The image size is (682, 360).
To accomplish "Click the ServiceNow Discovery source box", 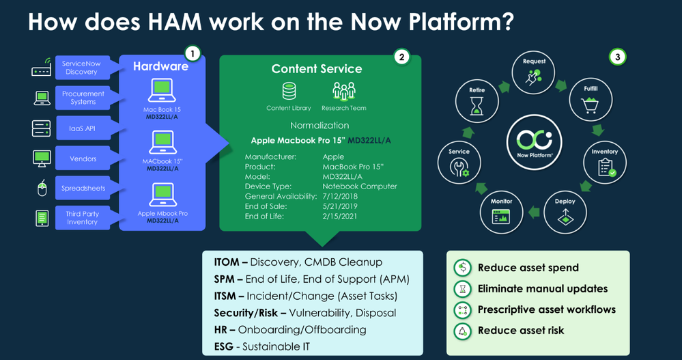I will coord(81,68).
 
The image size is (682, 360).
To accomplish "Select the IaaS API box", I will coord(81,128).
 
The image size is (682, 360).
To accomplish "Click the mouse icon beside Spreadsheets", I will coord(41,189).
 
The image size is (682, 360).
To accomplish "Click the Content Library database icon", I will coord(289,92).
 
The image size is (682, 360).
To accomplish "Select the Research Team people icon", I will coord(344,92).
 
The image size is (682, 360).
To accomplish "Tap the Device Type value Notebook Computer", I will coord(359,186).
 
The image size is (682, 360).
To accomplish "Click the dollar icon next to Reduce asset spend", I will coord(462,268).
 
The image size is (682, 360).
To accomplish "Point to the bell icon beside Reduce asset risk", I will coord(462,330).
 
